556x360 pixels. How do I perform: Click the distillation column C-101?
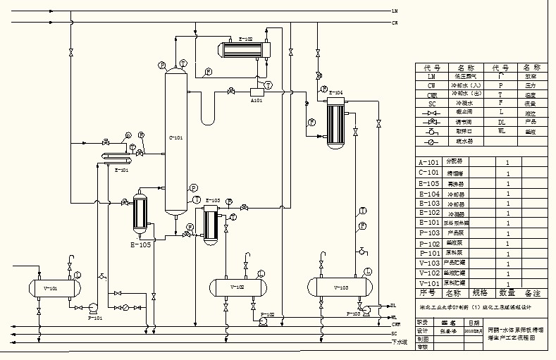tap(174, 141)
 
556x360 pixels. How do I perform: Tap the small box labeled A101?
tap(257, 92)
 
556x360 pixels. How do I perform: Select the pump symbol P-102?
tap(262, 321)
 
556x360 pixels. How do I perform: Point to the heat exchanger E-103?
tap(210, 224)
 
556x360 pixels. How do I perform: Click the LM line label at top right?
tap(395, 11)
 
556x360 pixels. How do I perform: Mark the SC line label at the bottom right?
tap(395, 333)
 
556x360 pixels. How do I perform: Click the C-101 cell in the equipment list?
tap(428, 173)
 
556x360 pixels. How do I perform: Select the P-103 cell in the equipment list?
tap(428, 232)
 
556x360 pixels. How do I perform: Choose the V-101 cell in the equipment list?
tap(428, 283)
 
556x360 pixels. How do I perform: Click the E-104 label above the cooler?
tap(336, 92)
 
